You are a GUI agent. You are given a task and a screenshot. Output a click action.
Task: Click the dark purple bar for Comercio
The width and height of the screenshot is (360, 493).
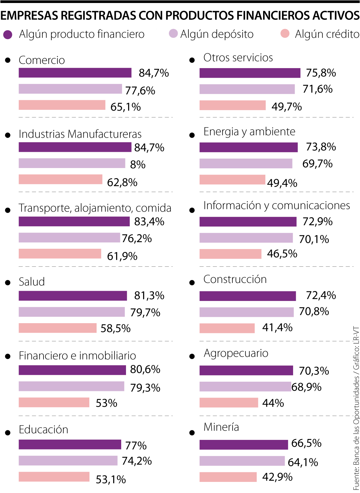pos(75,73)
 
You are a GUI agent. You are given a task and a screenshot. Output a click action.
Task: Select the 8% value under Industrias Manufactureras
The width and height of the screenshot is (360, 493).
pos(138,164)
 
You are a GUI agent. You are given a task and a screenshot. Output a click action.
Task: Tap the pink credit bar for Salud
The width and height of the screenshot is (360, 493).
pos(58,328)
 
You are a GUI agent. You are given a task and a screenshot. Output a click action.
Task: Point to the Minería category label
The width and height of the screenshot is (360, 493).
pos(221,427)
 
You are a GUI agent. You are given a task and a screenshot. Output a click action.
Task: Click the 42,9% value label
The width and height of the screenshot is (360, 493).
pos(277,477)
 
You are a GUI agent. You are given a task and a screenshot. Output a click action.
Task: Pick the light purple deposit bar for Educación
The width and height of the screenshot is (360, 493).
pos(68,461)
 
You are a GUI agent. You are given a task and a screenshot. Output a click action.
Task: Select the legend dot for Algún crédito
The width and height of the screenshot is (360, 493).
pos(285,34)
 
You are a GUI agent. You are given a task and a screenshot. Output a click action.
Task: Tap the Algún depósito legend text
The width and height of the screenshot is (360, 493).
pos(217,34)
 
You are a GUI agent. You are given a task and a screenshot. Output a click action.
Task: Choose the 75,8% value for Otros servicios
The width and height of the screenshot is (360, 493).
pos(321,73)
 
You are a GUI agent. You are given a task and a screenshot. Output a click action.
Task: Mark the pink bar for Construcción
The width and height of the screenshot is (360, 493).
pos(227,328)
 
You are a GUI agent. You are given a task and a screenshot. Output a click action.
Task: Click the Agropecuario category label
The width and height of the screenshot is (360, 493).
pos(236,353)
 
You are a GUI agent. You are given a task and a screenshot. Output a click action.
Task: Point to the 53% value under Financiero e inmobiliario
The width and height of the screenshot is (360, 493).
pos(106,403)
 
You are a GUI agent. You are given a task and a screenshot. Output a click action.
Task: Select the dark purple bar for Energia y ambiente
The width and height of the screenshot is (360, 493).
pos(248,147)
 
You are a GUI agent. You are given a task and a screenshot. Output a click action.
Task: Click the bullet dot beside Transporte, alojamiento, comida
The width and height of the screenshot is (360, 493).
pos(8,210)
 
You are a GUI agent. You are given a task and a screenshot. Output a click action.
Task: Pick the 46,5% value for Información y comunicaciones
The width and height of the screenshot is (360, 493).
pos(282,254)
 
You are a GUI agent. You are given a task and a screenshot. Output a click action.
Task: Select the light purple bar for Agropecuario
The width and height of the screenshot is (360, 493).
pos(245,386)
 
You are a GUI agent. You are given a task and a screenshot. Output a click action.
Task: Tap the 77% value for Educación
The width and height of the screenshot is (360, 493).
pos(136,446)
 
